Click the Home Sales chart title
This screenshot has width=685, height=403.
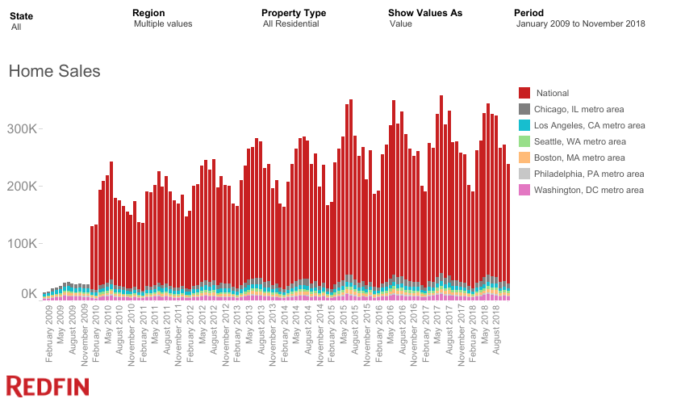click(x=54, y=72)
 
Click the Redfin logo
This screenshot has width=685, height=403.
click(x=48, y=386)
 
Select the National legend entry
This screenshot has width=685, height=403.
click(x=552, y=94)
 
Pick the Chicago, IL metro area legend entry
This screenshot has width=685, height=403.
click(x=579, y=110)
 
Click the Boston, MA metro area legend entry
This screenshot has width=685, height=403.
click(x=580, y=158)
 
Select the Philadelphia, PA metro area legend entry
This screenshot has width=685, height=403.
click(x=590, y=174)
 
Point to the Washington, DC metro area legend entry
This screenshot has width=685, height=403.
click(x=590, y=191)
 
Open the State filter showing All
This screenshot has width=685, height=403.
click(x=16, y=27)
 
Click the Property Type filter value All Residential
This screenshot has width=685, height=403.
click(x=290, y=24)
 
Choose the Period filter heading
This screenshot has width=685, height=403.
click(x=528, y=13)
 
